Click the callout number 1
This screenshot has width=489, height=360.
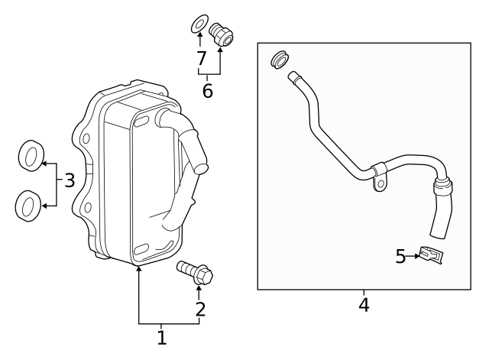point(161,336)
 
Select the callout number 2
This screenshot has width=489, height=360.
point(200,310)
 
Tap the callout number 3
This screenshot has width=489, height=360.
point(69,181)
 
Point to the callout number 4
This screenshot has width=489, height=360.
point(364,305)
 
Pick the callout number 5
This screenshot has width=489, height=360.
point(400,256)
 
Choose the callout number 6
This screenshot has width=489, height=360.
point(208,91)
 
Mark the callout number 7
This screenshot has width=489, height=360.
point(201,58)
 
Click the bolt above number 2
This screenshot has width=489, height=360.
point(195,271)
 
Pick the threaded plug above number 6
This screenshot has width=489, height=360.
point(222,34)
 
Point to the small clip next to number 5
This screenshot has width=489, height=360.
point(432,256)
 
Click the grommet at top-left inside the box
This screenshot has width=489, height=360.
point(280,59)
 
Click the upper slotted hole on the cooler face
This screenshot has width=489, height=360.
point(141,122)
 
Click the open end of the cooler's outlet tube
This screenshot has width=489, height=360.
point(202,163)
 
